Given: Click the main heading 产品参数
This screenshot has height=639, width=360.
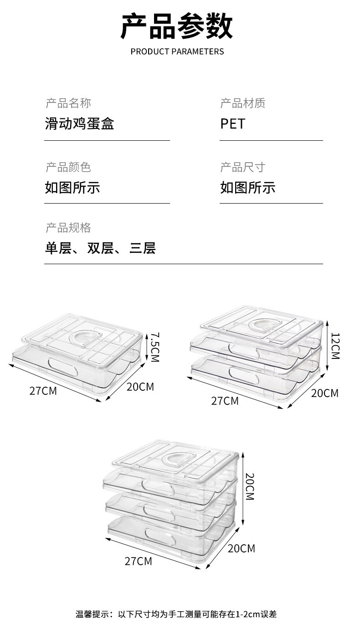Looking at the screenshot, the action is (x=177, y=26).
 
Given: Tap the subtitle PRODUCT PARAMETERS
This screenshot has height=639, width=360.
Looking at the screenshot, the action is (x=177, y=51).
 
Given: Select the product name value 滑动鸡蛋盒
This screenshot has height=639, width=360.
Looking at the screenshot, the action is (x=79, y=123).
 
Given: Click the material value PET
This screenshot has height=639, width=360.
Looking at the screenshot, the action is (x=233, y=124).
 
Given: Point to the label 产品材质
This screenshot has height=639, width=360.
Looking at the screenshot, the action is (x=243, y=103).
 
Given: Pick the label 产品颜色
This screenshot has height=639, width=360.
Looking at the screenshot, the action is (x=68, y=167).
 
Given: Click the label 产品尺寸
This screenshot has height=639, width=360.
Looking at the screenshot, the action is (x=243, y=167).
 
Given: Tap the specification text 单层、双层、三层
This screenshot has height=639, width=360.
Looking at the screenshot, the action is (x=100, y=248).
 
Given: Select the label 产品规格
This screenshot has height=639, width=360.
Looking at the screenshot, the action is (x=68, y=228).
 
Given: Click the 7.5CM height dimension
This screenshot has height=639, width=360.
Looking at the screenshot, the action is (x=154, y=347).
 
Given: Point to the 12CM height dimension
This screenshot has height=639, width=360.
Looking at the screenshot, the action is (x=335, y=346).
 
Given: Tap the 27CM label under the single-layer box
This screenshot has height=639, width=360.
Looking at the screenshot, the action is (x=43, y=391).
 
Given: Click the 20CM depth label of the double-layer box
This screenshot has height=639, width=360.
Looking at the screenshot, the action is (x=325, y=393).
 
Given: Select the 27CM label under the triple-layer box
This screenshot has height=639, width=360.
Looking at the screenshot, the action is (x=139, y=561).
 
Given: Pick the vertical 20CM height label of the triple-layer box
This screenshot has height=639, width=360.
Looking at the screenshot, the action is (x=250, y=486).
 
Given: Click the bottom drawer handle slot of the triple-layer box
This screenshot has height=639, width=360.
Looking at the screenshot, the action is (x=160, y=536).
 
